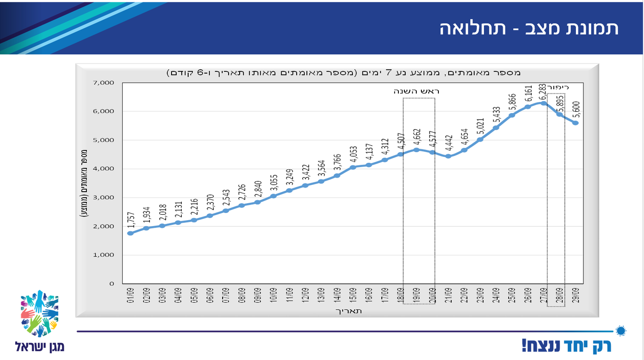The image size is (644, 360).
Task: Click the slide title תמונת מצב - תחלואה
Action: pos(529,29)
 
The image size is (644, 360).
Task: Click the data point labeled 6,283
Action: pos(543,103)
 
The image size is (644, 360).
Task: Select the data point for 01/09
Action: pos(130,233)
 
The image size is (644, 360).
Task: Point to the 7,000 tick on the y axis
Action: pos(104,83)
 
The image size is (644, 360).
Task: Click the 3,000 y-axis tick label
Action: pos(104,198)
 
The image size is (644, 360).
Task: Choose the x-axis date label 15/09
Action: pos(353,295)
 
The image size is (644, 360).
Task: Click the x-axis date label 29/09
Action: pos(575,295)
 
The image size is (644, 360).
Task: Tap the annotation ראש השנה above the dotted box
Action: pos(416,91)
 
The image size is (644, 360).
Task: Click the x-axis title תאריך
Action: pos(350,311)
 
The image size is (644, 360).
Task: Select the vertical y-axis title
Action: pos(85,183)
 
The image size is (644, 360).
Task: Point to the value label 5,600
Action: pos(575,109)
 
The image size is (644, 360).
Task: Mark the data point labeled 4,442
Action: pos(448,156)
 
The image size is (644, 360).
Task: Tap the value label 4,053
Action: pos(353,154)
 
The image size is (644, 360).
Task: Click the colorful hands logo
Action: pos(40,313)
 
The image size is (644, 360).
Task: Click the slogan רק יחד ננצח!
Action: pos(568,345)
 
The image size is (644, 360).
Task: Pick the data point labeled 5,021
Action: pos(480,139)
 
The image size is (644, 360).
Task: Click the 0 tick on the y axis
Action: pos(111,284)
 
